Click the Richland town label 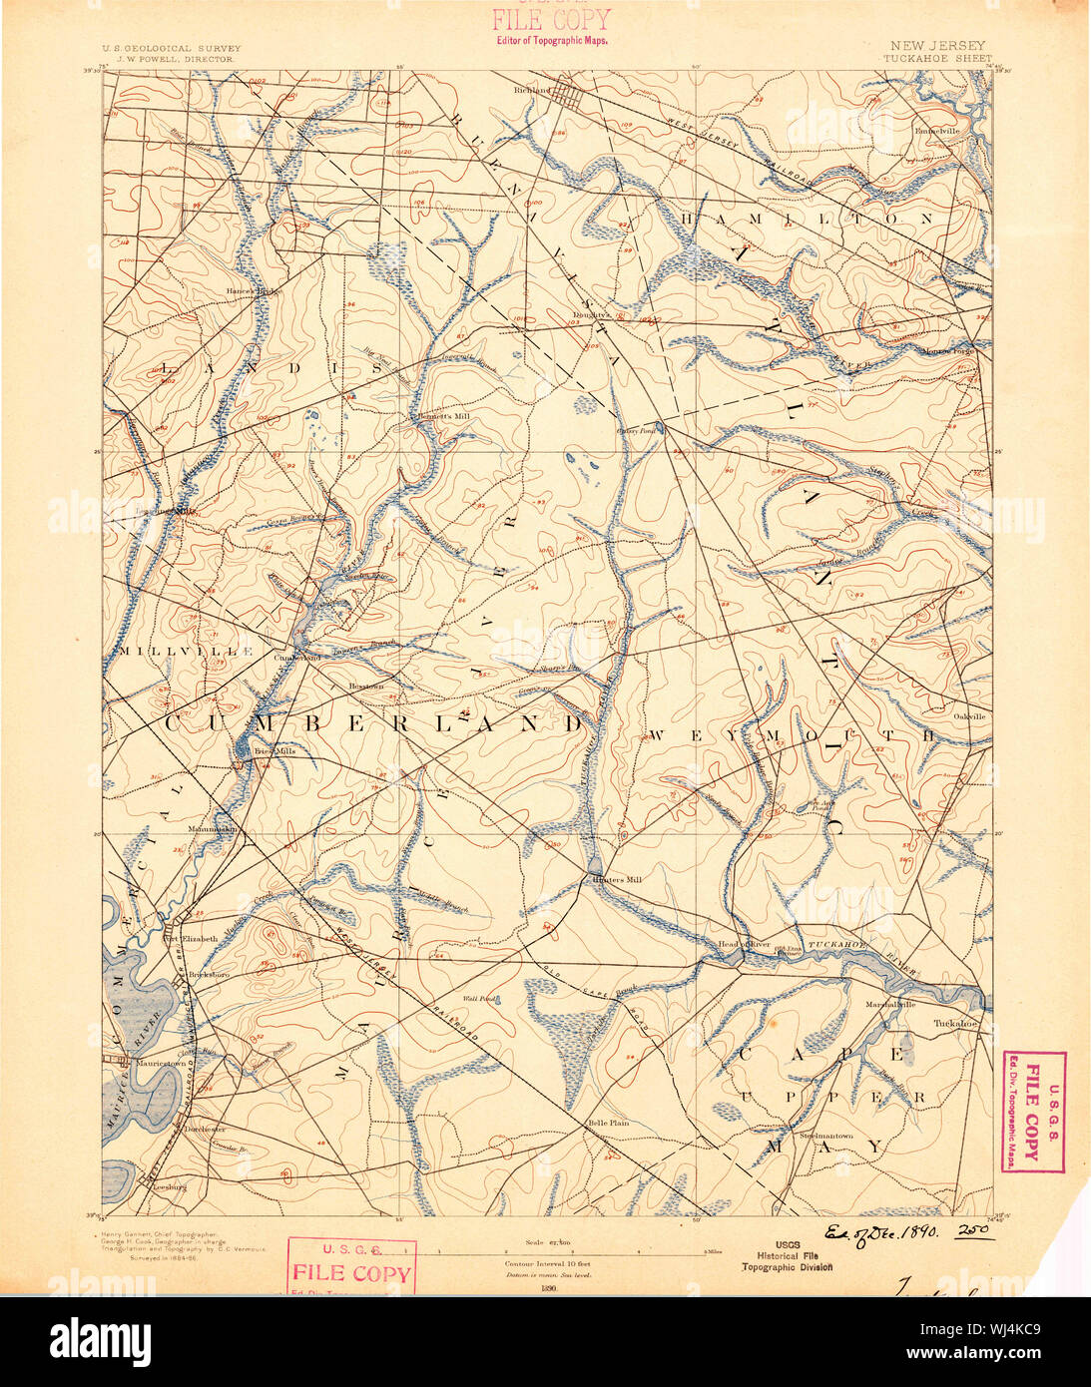tap(531, 90)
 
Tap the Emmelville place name tap(936, 130)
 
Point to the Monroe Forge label tap(947, 351)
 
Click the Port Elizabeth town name tap(190, 939)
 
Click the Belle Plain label tap(608, 1123)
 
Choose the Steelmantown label tap(826, 1136)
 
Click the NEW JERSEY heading tap(937, 45)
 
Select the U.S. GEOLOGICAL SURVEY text tap(171, 47)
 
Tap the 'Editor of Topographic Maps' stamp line tap(551, 41)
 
